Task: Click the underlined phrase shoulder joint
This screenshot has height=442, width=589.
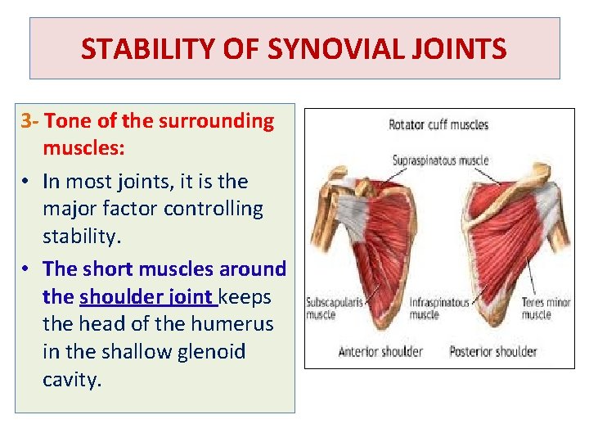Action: [146, 296]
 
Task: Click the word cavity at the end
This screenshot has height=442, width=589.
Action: [72, 380]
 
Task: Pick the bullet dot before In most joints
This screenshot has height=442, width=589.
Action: [27, 182]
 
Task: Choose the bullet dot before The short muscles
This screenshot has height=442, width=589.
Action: [27, 269]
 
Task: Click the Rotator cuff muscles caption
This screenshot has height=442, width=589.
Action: [438, 125]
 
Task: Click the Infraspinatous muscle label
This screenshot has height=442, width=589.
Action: [439, 309]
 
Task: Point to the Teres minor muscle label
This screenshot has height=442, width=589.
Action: [546, 309]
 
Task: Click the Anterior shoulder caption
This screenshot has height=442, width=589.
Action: [380, 352]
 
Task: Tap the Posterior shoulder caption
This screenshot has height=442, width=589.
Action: [493, 352]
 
